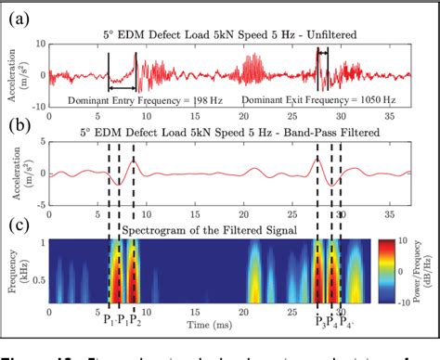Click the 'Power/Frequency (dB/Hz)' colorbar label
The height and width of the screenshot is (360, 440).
point(429,270)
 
